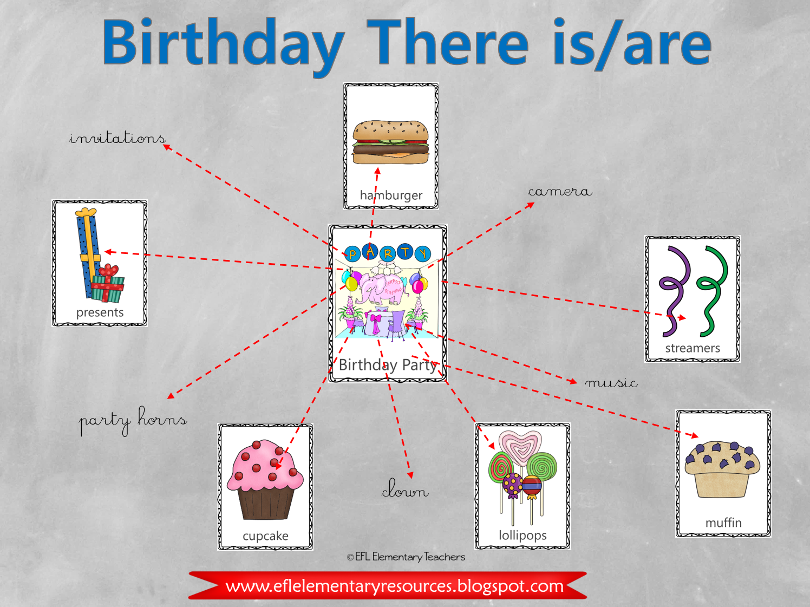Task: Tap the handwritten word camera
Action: click(560, 192)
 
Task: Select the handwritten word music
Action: click(611, 383)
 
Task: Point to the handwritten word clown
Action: click(405, 489)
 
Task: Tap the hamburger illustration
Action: click(390, 142)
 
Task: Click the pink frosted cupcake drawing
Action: click(265, 479)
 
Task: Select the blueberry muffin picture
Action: click(722, 469)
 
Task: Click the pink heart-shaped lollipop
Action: click(520, 446)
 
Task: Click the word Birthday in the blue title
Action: click(222, 43)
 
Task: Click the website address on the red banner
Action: click(394, 585)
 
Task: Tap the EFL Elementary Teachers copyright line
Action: click(406, 557)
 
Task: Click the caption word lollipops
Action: click(522, 535)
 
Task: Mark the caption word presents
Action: click(100, 312)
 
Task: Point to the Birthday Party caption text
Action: click(388, 365)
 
